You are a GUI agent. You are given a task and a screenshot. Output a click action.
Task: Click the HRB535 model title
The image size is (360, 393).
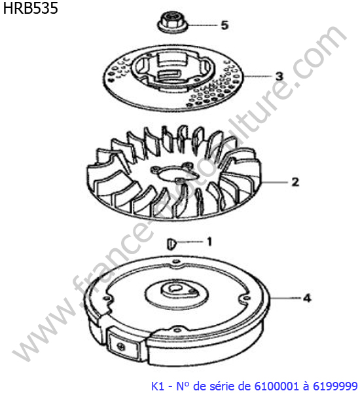(x=31, y=8)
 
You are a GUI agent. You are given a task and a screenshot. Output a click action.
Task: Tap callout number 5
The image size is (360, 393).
(x=225, y=26)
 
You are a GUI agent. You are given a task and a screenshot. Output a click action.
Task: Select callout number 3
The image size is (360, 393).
(x=279, y=76)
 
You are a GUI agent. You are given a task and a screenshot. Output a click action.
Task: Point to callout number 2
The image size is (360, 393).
(x=295, y=182)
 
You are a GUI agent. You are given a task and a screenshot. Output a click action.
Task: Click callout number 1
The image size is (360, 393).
(x=209, y=242)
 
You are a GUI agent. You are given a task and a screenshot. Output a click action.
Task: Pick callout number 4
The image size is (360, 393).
(x=307, y=298)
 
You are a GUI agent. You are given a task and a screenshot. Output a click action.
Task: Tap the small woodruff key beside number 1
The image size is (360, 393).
(x=171, y=244)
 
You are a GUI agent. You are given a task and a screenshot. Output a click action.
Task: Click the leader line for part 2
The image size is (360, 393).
(x=275, y=182)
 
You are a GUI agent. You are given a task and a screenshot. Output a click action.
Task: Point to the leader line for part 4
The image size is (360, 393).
(x=285, y=298)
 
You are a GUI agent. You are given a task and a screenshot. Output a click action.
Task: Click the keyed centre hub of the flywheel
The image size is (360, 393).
(x=177, y=291)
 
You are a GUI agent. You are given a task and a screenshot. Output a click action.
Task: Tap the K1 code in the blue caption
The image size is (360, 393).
(x=158, y=386)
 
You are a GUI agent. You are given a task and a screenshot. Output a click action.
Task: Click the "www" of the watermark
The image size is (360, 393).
(x=43, y=331)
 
